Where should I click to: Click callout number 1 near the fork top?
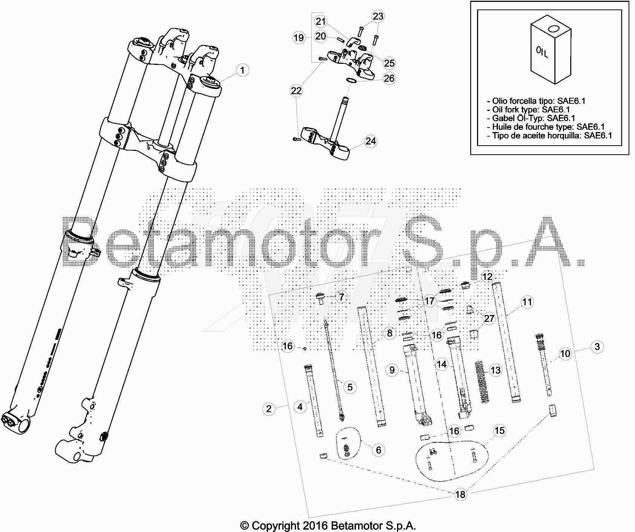[242, 70]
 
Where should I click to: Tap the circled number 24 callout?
[371, 141]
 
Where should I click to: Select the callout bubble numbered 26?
[389, 78]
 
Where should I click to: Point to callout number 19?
[299, 38]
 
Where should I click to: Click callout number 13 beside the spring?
[495, 370]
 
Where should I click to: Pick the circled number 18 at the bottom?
[460, 494]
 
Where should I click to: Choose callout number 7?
[341, 297]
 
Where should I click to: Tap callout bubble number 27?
[489, 318]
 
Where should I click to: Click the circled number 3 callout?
[597, 347]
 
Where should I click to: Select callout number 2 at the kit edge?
[268, 409]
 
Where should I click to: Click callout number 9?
[392, 370]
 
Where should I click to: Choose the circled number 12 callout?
[487, 277]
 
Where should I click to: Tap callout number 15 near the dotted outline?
[499, 431]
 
